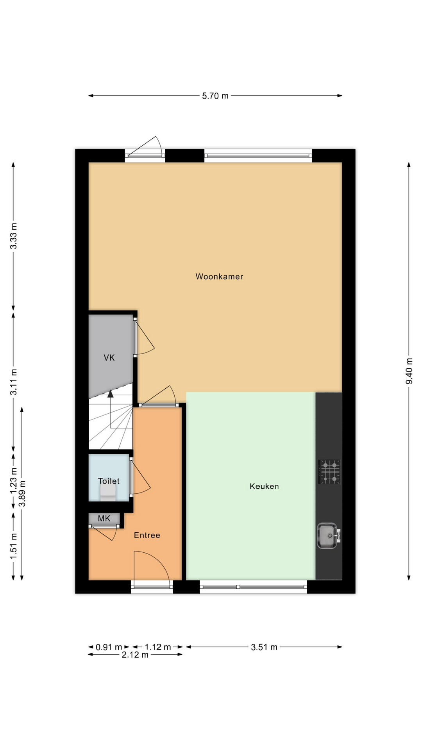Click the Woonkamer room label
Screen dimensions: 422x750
coord(219,277)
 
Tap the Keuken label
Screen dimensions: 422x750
coord(264,486)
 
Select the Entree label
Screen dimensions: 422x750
coord(147,535)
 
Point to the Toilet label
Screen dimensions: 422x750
coord(109,481)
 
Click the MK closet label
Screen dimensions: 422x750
coord(104,518)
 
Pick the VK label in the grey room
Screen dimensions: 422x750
coord(109,357)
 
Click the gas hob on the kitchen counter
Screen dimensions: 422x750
coord(329,472)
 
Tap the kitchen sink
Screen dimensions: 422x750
coord(328,536)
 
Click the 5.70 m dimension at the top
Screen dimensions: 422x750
coord(215,96)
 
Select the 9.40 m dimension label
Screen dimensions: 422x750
coord(409,371)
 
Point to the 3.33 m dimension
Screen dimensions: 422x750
coord(14,236)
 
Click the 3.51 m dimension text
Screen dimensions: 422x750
coord(264,647)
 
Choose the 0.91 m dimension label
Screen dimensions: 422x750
coord(109,647)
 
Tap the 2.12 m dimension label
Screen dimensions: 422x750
coord(135,655)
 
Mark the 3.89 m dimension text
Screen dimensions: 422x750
coord(22,493)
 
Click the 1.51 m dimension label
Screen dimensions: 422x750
coord(14,546)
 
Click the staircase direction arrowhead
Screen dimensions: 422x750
coord(111,394)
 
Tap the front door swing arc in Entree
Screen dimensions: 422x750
coord(160,559)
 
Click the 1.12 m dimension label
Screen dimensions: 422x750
coord(158,647)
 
